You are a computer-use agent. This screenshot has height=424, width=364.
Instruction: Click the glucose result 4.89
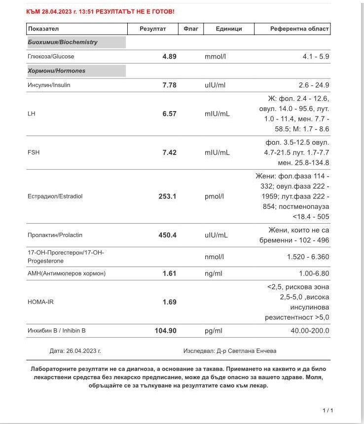169,56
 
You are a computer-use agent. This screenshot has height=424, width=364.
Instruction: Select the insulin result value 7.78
169,85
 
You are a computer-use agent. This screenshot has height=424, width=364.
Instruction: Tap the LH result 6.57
169,114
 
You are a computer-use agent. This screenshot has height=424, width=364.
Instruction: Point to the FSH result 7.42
169,153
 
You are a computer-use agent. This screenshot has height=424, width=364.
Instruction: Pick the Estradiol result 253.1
167,196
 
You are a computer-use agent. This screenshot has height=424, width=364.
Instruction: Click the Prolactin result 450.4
167,235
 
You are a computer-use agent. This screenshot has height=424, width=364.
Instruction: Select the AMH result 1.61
169,273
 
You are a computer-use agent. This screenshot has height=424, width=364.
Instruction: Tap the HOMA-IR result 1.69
169,302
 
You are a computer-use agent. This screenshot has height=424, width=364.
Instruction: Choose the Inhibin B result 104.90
166,331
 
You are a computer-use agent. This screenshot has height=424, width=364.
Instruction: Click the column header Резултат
153,29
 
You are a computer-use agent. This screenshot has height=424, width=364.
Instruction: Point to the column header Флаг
191,29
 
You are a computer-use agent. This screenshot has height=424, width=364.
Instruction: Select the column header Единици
229,29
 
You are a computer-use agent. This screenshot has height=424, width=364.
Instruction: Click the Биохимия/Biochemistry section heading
63,42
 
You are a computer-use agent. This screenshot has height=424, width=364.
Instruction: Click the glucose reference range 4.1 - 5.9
316,56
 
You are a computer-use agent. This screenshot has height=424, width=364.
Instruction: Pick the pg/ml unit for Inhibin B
214,331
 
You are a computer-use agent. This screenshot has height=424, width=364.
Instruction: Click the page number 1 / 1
328,410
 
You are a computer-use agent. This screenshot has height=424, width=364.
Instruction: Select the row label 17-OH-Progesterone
66,257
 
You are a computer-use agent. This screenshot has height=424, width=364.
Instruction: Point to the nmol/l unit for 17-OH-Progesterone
214,257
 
